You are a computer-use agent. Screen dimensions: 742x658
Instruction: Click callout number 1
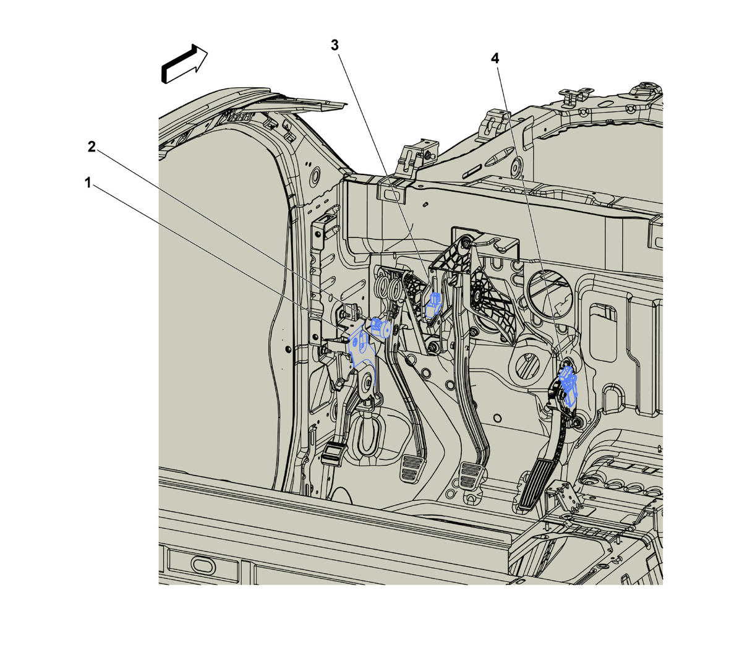tap(88, 182)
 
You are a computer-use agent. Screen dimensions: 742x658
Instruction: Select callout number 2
tap(92, 147)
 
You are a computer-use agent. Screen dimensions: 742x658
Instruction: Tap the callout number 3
tap(335, 45)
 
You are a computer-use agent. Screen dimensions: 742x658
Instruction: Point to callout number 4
tap(495, 58)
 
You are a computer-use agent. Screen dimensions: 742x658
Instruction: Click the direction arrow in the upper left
tap(184, 64)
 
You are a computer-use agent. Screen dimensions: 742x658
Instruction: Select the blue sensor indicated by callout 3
tap(433, 305)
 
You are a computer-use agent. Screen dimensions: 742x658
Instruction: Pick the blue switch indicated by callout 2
tap(380, 327)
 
